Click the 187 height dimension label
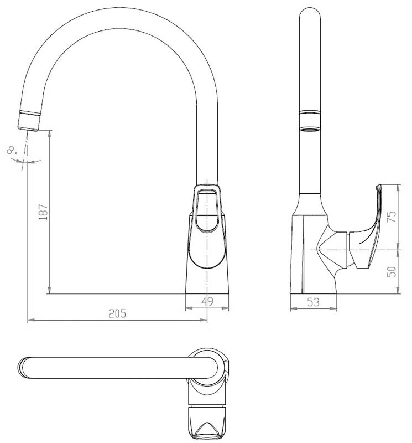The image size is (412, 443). click(x=44, y=212)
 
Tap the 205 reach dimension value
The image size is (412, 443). click(x=117, y=313)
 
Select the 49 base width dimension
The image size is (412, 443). click(x=207, y=301)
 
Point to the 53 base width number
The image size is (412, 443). click(x=313, y=302)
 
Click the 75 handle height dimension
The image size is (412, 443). click(x=392, y=217)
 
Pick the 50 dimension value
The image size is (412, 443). click(x=392, y=272)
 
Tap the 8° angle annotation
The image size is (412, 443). click(x=12, y=150)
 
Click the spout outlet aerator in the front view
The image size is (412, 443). click(x=29, y=121)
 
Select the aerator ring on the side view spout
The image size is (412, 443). click(x=310, y=121)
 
